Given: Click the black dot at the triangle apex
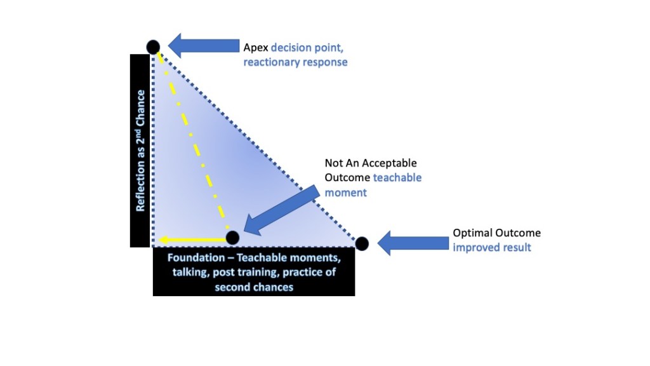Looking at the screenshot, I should [x=153, y=46].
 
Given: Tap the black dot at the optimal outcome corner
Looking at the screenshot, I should [x=362, y=243].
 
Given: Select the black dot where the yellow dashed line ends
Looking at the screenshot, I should [x=232, y=238].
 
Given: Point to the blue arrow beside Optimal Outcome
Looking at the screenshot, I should [x=413, y=242].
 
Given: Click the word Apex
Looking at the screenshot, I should [x=256, y=48].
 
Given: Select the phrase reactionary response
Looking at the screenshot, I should [x=296, y=63].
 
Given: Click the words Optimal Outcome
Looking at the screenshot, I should [x=496, y=233].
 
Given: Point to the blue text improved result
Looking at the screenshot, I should [x=491, y=247].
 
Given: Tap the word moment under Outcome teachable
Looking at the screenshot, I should [x=345, y=192].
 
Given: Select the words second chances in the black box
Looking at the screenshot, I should [x=253, y=287].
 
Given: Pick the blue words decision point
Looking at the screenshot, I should [x=310, y=48].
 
